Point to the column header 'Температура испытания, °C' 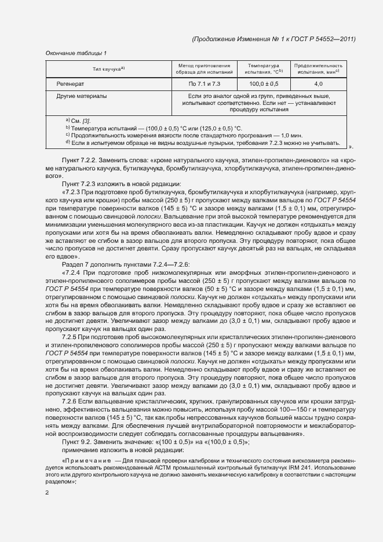coord(264,69)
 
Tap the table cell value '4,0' coord(318,84)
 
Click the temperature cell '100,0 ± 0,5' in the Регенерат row coord(264,84)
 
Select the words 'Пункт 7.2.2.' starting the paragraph coord(81,159)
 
